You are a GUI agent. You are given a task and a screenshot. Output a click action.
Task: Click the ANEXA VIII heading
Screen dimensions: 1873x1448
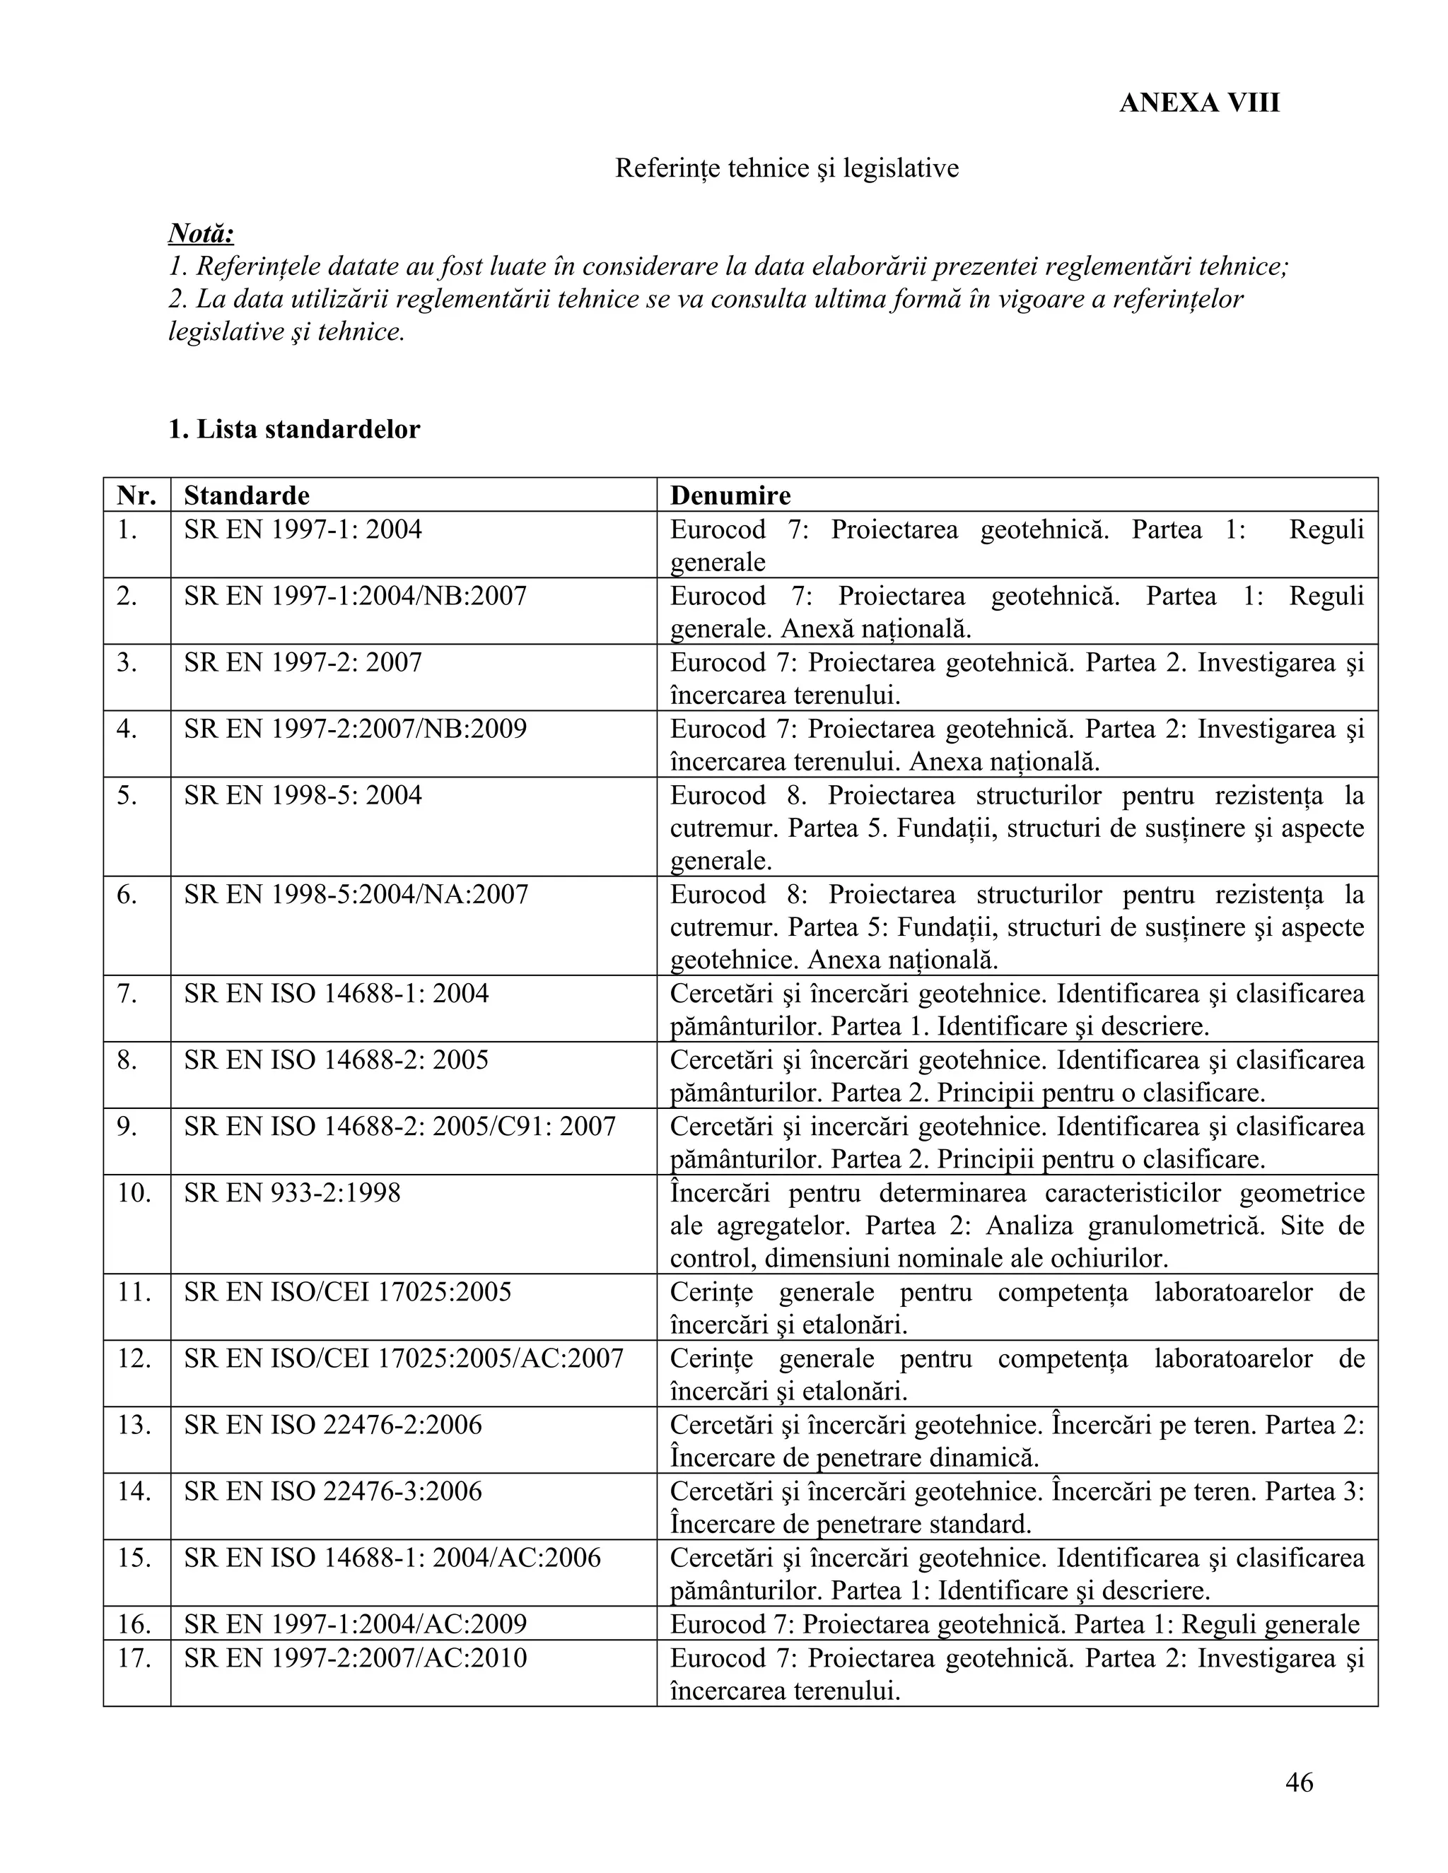point(1198,103)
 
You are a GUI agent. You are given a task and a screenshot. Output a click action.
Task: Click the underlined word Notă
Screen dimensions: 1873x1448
point(201,233)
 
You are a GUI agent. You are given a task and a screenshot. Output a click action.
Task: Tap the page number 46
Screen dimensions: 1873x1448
point(1299,1782)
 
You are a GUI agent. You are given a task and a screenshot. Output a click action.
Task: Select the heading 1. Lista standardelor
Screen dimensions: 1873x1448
point(294,429)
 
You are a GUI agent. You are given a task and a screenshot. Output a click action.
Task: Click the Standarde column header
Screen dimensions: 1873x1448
point(246,495)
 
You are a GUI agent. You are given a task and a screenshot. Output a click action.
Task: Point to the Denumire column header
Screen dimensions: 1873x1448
point(730,495)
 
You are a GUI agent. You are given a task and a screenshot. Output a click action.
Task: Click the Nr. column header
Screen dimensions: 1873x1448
point(136,495)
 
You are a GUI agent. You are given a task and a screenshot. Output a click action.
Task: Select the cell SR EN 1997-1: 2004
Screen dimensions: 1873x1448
point(303,529)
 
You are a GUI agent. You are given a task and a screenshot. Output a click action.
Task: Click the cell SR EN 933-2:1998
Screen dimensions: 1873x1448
point(292,1193)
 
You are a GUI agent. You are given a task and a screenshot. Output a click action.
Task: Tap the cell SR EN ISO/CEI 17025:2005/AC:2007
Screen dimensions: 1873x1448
point(403,1358)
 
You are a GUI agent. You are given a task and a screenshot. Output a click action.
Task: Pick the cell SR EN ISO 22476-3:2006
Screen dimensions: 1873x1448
point(333,1491)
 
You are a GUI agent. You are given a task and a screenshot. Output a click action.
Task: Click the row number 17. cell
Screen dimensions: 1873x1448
point(134,1657)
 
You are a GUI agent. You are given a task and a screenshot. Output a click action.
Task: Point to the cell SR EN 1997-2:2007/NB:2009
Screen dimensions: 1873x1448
point(355,729)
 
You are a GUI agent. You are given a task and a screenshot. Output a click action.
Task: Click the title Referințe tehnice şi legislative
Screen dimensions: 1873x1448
point(787,168)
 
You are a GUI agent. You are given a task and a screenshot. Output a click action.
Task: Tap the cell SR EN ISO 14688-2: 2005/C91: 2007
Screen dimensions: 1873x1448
point(399,1126)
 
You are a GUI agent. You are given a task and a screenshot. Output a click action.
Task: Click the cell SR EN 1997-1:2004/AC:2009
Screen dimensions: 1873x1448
point(355,1624)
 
